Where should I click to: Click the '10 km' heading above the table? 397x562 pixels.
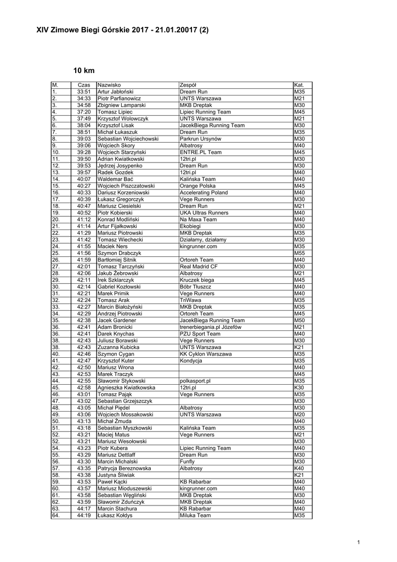tap(84, 71)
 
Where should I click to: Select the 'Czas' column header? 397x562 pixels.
tap(84, 85)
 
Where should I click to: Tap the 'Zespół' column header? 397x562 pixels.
tap(188, 85)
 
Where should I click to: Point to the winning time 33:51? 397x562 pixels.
tap(84, 92)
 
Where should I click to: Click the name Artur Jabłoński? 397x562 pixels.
tap(116, 92)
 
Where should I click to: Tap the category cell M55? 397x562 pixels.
tap(299, 253)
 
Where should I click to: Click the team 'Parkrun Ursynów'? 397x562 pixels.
tap(200, 139)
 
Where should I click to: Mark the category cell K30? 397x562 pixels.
tap(298, 387)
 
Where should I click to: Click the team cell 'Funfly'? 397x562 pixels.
tap(187, 462)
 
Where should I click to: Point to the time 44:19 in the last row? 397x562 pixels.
tap(84, 515)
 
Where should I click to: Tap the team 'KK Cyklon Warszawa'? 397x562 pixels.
tap(205, 354)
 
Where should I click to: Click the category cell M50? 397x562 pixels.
tap(299, 321)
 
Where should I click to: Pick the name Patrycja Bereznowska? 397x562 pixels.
tap(124, 468)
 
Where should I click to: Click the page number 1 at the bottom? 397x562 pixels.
tap(358, 543)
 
